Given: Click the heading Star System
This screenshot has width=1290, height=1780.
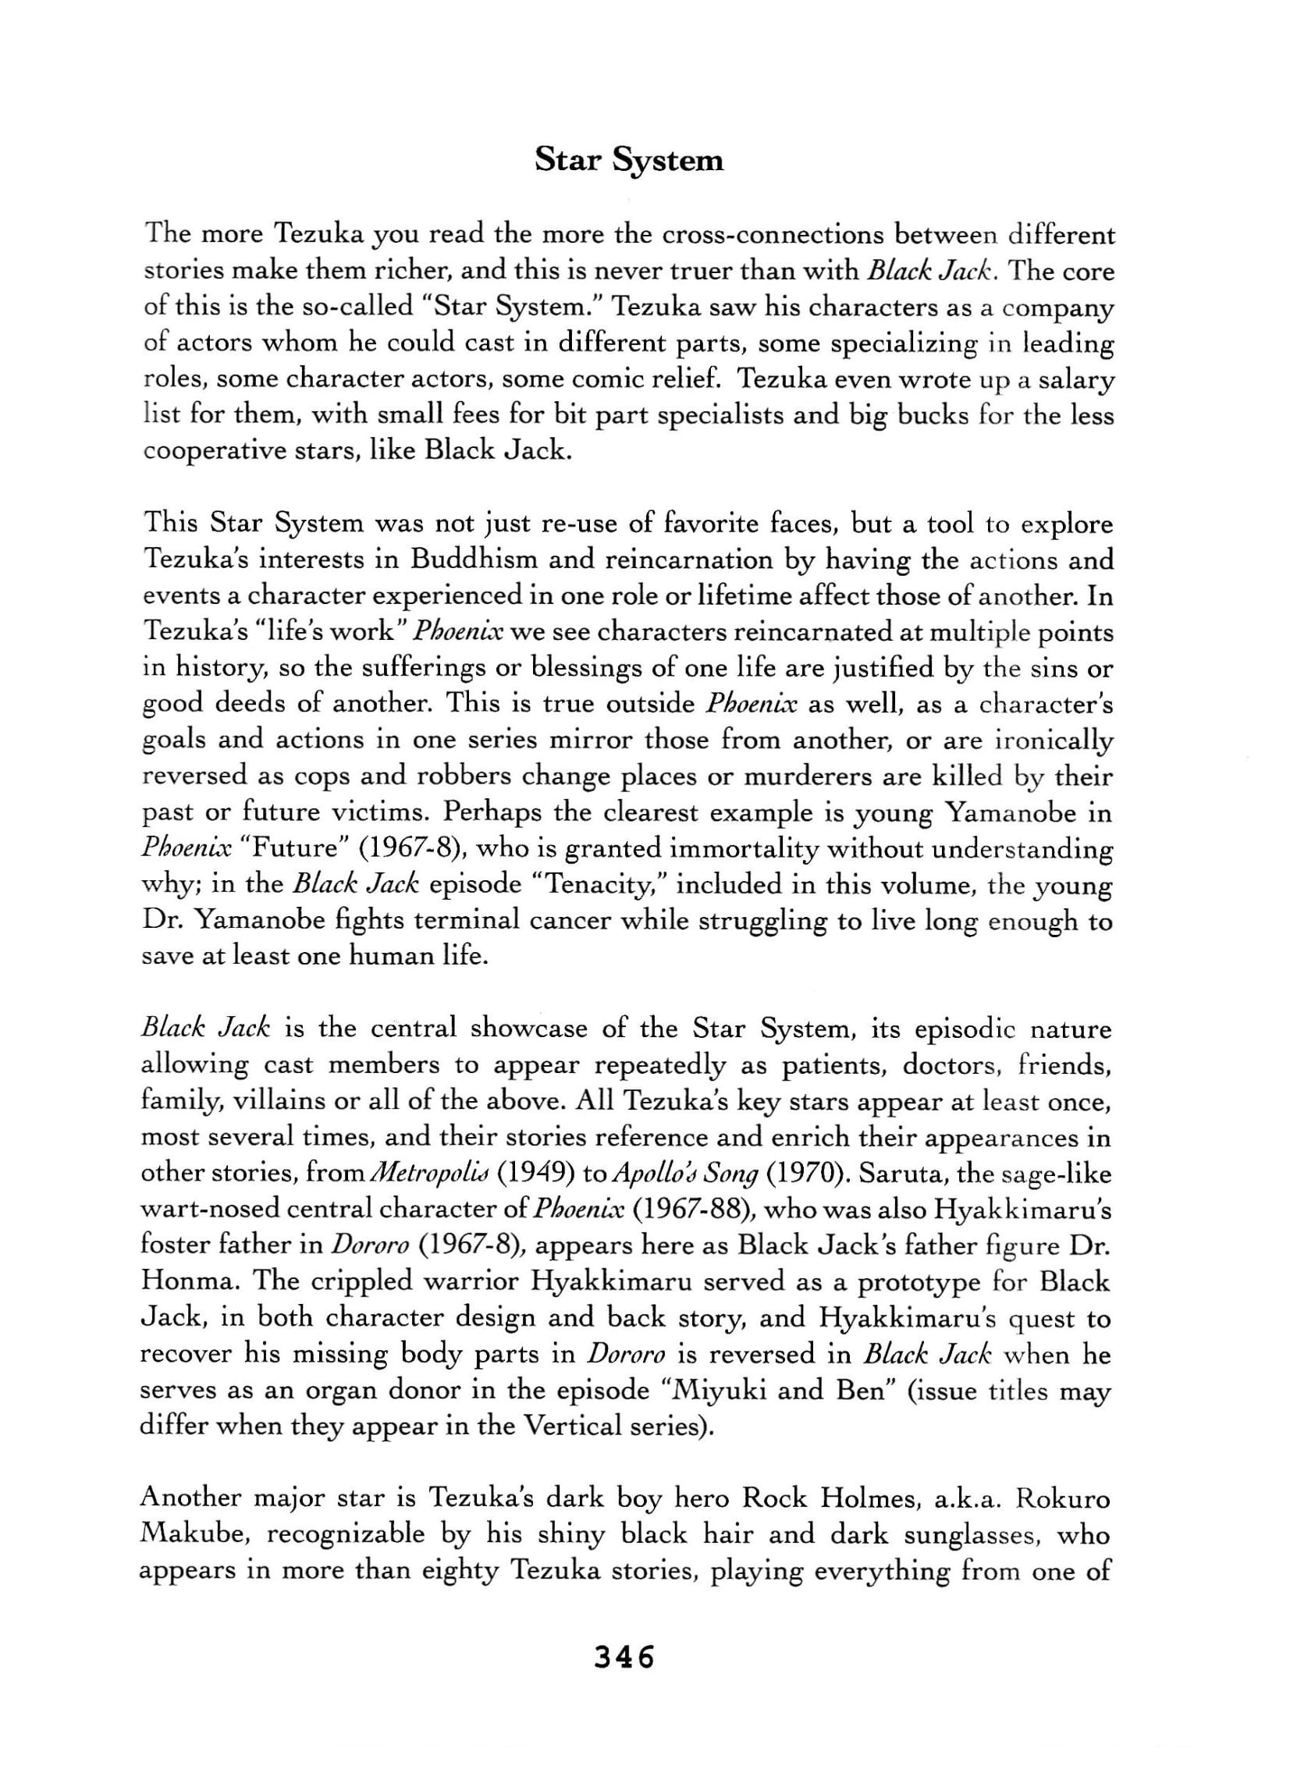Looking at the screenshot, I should click(628, 160).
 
